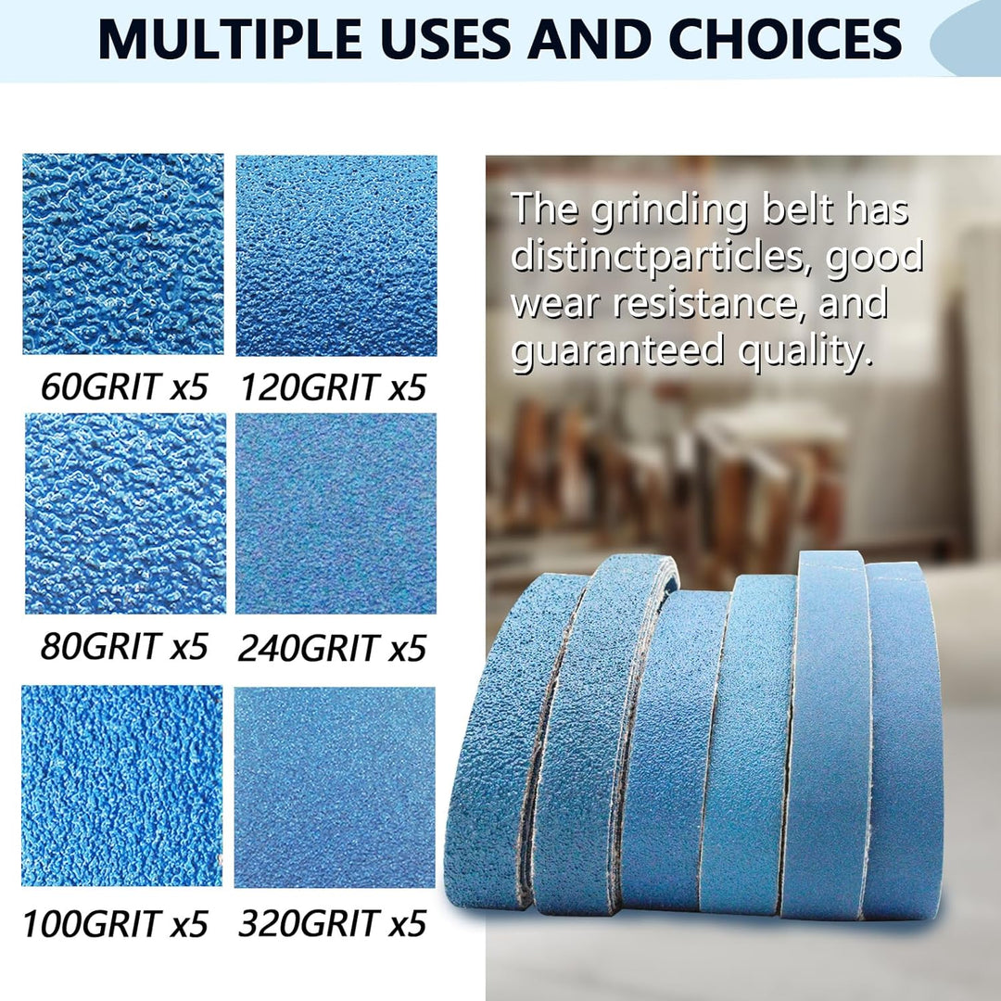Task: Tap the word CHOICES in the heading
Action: coord(785,39)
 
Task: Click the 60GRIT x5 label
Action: coord(124,386)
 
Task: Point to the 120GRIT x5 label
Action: coord(333,387)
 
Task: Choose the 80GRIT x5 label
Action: coord(124,646)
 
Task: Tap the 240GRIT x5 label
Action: coord(332,648)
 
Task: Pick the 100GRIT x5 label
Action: coord(116,923)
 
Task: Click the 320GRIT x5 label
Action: coord(332,923)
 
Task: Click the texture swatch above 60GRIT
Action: coord(123,254)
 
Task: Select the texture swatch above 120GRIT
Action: coord(336,256)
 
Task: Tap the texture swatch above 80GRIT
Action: coord(126,513)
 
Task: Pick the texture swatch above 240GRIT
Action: coord(336,513)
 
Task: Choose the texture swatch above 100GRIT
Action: coord(122,786)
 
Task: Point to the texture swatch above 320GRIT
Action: coord(335,787)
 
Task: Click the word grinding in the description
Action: coord(668,210)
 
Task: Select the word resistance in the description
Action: coord(705,303)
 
